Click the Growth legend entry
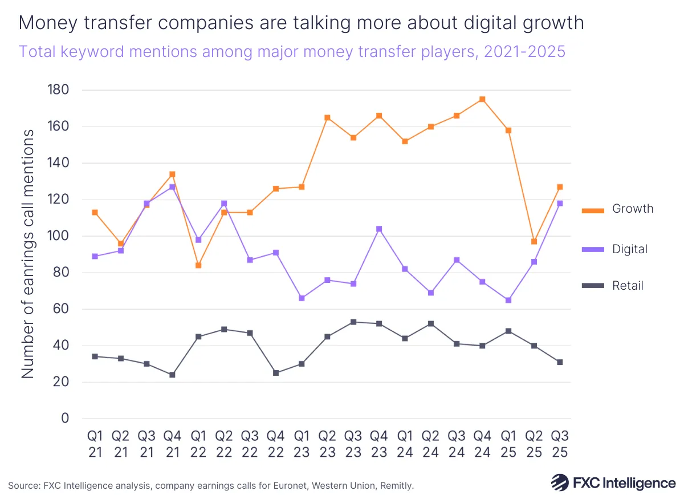pyautogui.click(x=617, y=209)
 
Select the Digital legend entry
pyautogui.click(x=614, y=249)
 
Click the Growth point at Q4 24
pyautogui.click(x=482, y=99)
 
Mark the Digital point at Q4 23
pyautogui.click(x=379, y=229)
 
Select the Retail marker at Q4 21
pyautogui.click(x=172, y=375)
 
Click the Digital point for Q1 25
pyautogui.click(x=508, y=300)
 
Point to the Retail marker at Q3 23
pyautogui.click(x=353, y=322)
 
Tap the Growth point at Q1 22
pyautogui.click(x=198, y=265)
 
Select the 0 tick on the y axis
pyautogui.click(x=64, y=419)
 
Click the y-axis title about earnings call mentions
pyautogui.click(x=28, y=254)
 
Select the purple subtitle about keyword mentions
pyautogui.click(x=292, y=51)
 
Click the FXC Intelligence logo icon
pyautogui.click(x=559, y=482)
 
